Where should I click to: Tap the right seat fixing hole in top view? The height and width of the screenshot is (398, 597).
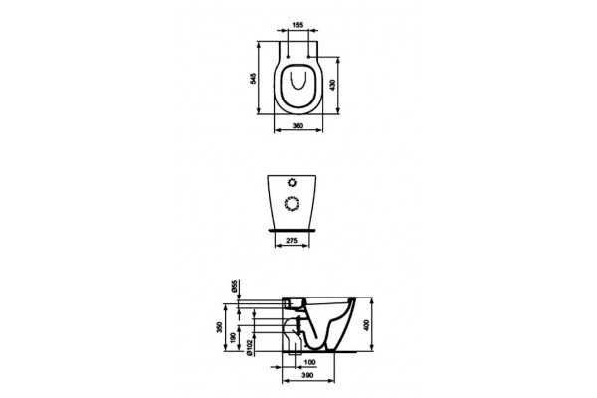310,53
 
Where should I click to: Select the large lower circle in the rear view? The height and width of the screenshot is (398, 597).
293,204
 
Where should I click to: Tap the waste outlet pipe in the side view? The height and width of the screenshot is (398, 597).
295,338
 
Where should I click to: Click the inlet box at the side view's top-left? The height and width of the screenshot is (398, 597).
294,302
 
